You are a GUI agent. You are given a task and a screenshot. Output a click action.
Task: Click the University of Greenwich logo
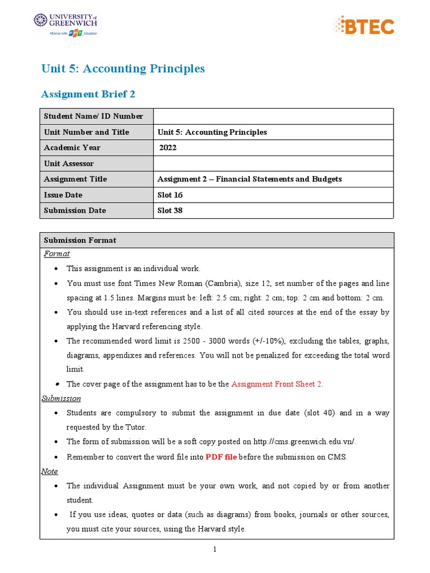pyautogui.click(x=66, y=24)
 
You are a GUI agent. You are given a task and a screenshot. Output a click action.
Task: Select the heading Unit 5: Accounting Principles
pyautogui.click(x=123, y=69)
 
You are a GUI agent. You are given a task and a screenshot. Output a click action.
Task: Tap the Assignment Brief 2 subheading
pyautogui.click(x=88, y=94)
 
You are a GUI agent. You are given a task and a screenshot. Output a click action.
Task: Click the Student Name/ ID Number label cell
pyautogui.click(x=94, y=116)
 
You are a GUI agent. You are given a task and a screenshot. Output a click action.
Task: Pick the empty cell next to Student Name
pyautogui.click(x=273, y=116)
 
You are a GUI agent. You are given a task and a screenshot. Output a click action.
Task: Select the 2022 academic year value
pyautogui.click(x=168, y=148)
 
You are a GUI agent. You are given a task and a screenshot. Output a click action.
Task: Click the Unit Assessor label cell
pyautogui.click(x=69, y=163)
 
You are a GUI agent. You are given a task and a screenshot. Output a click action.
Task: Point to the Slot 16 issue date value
pyautogui.click(x=170, y=195)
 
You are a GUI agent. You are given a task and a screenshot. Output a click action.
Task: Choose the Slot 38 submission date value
pyautogui.click(x=170, y=210)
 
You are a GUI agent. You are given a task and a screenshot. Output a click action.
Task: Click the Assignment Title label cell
pyautogui.click(x=75, y=179)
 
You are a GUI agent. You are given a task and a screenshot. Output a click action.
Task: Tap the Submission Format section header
pyautogui.click(x=80, y=240)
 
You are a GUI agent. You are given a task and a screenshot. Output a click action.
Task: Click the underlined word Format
pyautogui.click(x=57, y=253)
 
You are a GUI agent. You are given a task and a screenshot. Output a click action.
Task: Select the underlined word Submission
pyautogui.click(x=62, y=398)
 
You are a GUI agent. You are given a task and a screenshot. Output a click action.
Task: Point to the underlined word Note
pyautogui.click(x=50, y=471)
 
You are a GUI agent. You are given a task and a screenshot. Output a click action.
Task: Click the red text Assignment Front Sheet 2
pyautogui.click(x=277, y=384)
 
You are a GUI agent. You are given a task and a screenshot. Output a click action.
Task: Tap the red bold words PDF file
pyautogui.click(x=221, y=457)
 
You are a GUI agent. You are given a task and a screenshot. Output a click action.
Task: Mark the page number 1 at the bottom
pyautogui.click(x=214, y=549)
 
